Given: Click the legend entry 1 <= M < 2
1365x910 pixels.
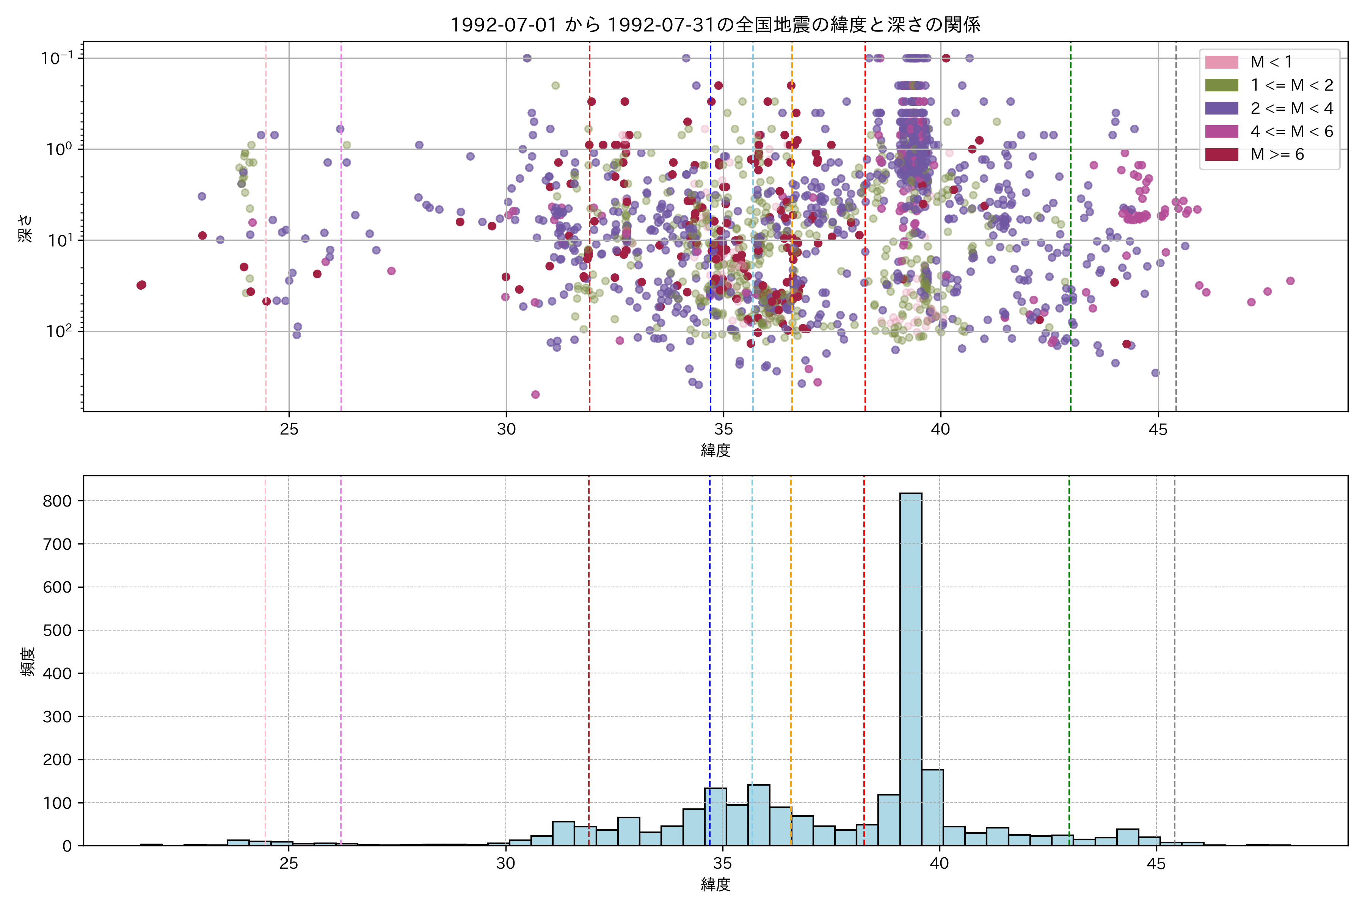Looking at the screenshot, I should point(1291,85).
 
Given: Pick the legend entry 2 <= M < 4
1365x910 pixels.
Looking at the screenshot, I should point(1291,108).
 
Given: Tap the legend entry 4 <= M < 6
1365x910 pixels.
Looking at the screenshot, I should point(1291,132).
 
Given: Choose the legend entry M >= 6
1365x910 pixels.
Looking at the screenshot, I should point(1277,154).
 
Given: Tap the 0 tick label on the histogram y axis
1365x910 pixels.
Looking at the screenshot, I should point(67,846).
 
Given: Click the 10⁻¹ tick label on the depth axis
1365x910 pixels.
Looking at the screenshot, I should point(57,58).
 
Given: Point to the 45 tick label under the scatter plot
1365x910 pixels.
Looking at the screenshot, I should point(1158,430).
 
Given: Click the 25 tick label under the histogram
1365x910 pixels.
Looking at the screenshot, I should point(289,864).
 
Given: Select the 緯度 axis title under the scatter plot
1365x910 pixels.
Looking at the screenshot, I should point(715,450).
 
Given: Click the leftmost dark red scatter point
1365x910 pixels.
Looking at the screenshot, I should point(141,285).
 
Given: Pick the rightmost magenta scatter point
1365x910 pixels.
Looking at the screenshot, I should point(1290,281).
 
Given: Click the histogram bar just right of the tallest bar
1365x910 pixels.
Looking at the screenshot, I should point(932,807).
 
